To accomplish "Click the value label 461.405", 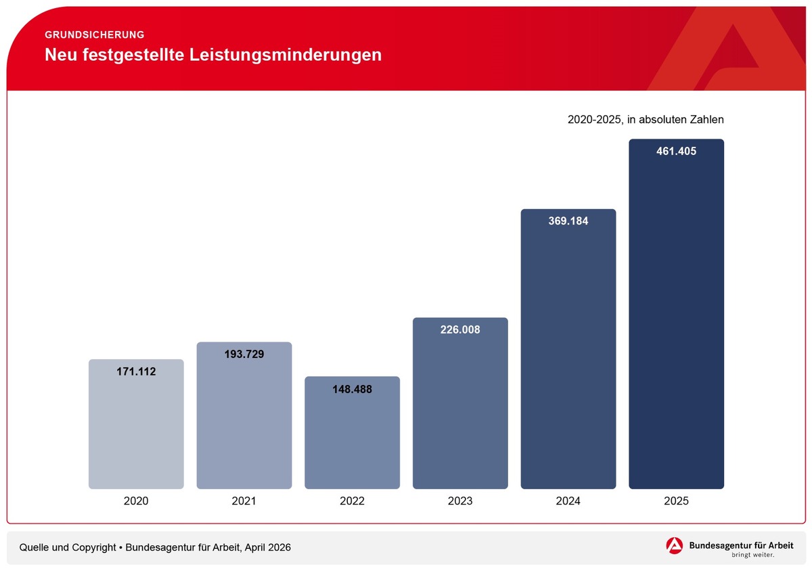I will click(676, 152).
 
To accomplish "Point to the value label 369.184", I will click(568, 221).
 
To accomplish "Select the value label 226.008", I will click(460, 330).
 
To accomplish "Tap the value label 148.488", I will click(352, 389).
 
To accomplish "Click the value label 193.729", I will click(244, 355).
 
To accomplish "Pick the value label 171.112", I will click(136, 371).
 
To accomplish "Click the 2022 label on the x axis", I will click(352, 501).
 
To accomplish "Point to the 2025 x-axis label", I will click(676, 501).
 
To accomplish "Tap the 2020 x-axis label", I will click(136, 501).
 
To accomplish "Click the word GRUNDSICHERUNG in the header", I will click(94, 35).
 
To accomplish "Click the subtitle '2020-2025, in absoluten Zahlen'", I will click(646, 120).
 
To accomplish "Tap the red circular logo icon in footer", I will click(675, 546).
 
